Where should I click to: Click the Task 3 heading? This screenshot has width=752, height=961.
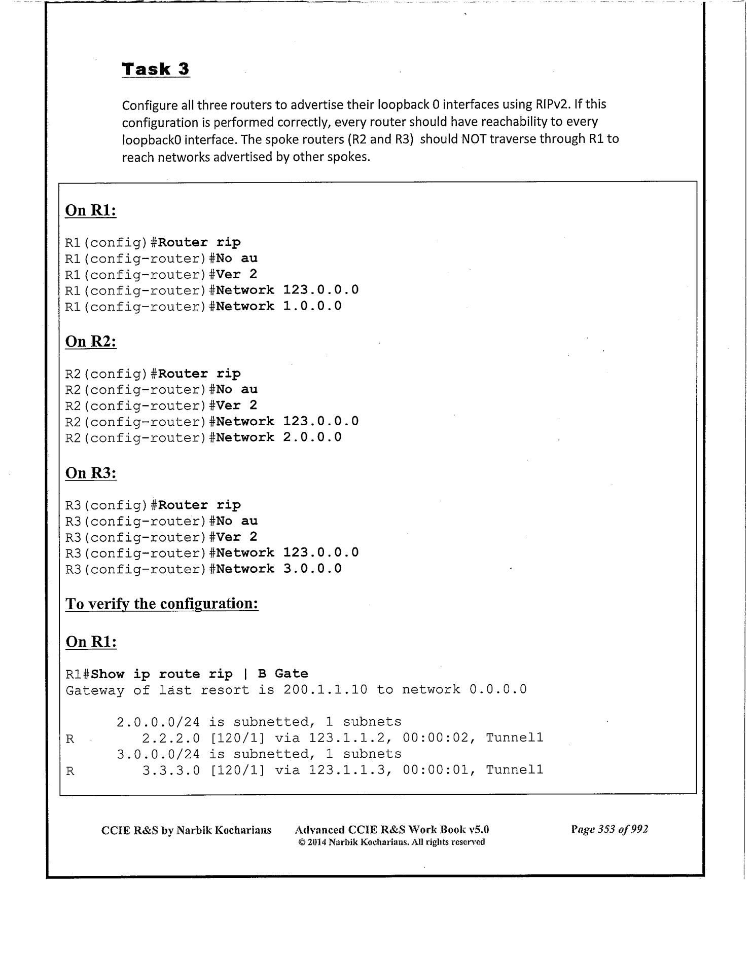[x=156, y=69]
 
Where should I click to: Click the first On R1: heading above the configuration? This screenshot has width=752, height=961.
[x=91, y=210]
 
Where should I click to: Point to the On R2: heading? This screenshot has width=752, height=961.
[x=91, y=342]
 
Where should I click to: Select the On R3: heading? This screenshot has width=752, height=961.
[x=91, y=473]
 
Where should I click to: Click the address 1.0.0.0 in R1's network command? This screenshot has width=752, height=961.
[x=312, y=306]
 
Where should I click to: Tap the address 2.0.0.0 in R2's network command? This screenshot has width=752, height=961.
[x=312, y=437]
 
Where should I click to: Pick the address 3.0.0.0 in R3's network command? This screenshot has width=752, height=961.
[x=312, y=569]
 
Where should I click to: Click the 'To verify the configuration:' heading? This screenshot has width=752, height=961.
[x=162, y=604]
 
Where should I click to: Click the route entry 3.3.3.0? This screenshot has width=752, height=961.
[x=171, y=770]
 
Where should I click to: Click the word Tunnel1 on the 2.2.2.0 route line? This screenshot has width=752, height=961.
[x=514, y=738]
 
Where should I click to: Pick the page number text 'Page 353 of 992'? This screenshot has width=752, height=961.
[x=610, y=830]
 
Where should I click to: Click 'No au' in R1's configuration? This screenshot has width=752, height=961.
[x=237, y=258]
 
